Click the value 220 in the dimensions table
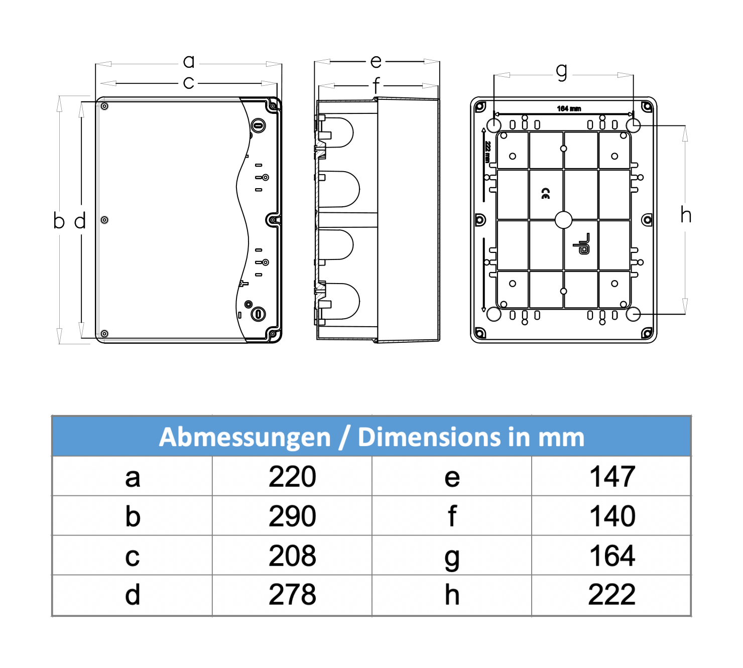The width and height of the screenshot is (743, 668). pos(292,477)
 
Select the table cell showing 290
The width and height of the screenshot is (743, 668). pos(292,516)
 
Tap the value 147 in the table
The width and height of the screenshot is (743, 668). pos(612,477)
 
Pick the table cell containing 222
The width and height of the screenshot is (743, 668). pos(612,595)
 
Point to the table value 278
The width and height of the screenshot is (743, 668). pos(292,595)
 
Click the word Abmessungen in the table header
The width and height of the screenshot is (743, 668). pos(244,438)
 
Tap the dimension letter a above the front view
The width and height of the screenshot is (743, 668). pos(189,61)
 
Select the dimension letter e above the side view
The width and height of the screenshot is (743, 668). pos(376,62)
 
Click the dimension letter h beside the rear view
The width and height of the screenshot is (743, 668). pos(686,215)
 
